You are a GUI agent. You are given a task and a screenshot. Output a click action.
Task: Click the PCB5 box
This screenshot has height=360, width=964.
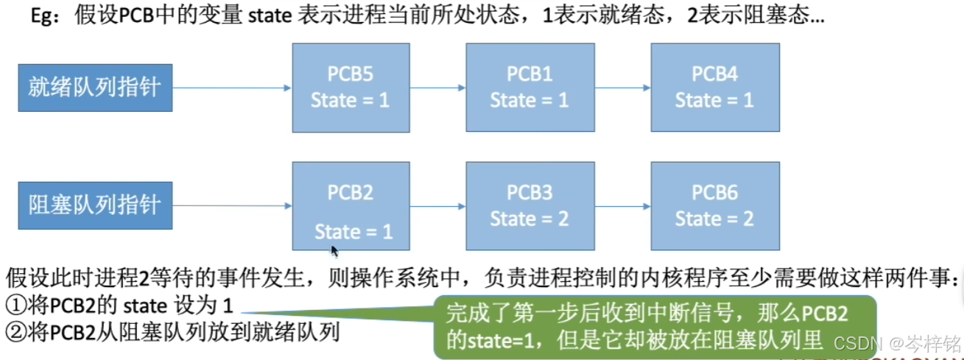351,88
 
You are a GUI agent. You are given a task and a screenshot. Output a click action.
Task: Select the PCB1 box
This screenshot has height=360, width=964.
530,88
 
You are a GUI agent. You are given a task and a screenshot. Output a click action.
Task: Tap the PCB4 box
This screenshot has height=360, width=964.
714,88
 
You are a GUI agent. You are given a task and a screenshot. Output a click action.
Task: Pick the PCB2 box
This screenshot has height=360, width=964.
351,206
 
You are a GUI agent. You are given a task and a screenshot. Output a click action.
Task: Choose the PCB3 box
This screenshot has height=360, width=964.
530,206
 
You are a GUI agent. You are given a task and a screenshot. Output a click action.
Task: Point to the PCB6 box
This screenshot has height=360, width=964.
714,206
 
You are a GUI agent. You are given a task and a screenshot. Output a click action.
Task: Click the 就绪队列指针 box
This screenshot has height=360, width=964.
95,88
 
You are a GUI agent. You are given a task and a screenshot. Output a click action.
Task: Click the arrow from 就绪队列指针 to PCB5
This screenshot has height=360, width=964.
232,88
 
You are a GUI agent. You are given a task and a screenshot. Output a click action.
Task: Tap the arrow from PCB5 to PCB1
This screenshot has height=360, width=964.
437,88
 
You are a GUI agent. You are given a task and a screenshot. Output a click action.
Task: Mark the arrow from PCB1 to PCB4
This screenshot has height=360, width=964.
622,88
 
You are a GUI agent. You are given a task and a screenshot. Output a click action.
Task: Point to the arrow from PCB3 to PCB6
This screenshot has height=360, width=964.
622,206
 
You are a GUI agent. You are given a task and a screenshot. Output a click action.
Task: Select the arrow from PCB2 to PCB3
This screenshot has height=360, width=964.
437,206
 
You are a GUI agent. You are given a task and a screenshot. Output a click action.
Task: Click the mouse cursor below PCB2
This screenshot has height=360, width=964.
334,252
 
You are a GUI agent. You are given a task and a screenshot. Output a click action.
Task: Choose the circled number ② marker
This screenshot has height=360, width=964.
14,333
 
